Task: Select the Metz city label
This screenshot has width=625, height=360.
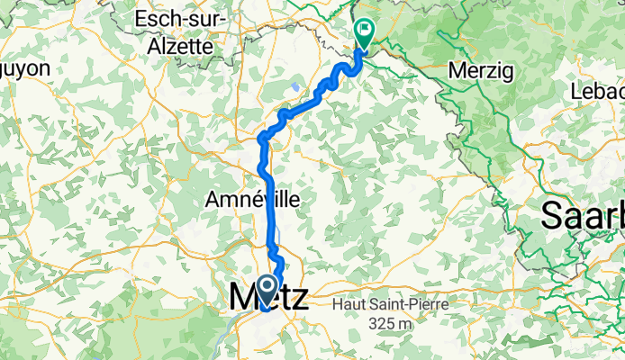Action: tap(267, 298)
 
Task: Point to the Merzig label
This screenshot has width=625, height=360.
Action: tap(480, 69)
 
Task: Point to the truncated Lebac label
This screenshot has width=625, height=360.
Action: tap(598, 91)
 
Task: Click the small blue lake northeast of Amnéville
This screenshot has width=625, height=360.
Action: tap(296, 87)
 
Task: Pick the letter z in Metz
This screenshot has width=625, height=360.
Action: tap(297, 298)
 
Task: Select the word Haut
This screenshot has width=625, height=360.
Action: tap(349, 306)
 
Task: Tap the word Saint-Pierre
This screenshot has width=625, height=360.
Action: tap(404, 306)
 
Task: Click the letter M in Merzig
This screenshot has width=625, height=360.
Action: tap(456, 69)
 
